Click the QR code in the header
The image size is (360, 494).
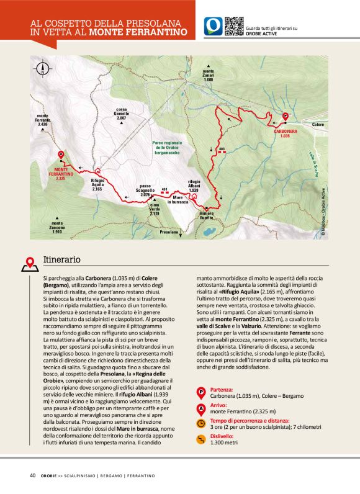click(233, 25)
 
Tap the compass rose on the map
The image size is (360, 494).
click(43, 69)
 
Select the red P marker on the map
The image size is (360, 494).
click(285, 115)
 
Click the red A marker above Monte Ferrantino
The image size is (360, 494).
click(61, 155)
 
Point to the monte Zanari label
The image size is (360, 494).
click(208, 78)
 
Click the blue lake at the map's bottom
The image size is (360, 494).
click(207, 233)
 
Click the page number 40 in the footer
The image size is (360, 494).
click(32, 475)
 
